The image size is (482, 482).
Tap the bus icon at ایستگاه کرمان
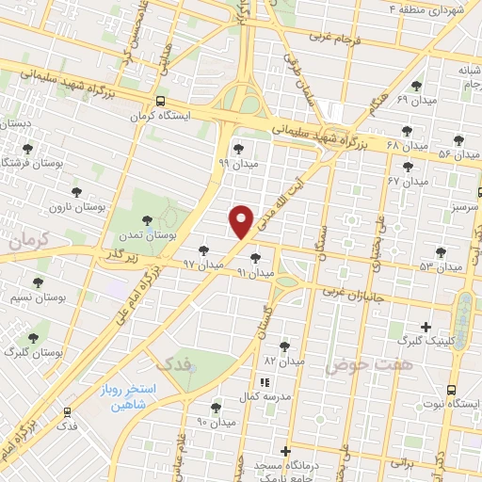(162, 101)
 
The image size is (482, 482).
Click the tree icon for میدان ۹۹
(237, 148)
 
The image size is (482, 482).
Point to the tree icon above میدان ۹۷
(204, 249)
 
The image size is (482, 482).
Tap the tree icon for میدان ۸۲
(284, 346)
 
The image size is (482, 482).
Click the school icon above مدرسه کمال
(265, 382)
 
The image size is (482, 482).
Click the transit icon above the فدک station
(67, 411)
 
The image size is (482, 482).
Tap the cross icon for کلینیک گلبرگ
(426, 328)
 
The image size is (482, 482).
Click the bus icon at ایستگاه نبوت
(451, 390)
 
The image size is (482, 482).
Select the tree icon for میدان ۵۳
(441, 252)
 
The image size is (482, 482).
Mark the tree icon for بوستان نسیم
(39, 282)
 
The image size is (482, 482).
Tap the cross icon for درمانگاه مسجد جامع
(285, 452)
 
